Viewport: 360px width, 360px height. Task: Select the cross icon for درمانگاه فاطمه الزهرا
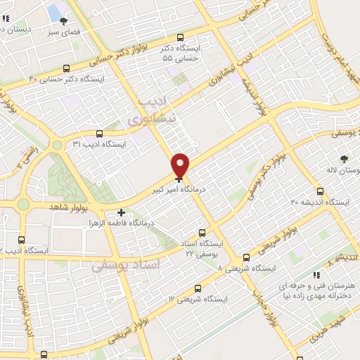tap(122, 212)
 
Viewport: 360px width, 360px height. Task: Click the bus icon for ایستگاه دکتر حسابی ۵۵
tap(181, 38)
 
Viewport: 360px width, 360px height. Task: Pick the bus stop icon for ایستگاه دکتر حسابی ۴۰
tap(66, 69)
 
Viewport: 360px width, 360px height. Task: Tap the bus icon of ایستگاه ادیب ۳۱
tap(98, 134)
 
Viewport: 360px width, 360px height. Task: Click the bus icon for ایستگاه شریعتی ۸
tap(246, 257)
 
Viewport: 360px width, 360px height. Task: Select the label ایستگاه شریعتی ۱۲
tap(198, 299)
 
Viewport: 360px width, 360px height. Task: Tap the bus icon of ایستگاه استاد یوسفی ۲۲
tap(202, 233)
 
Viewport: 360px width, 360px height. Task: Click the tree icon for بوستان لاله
tap(344, 160)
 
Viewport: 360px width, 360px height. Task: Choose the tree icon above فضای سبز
tap(63, 22)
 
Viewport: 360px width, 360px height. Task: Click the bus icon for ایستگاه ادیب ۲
tap(21, 240)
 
